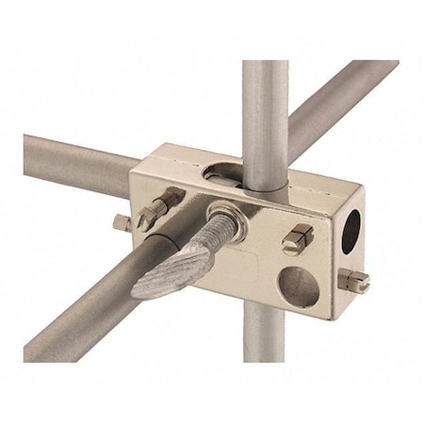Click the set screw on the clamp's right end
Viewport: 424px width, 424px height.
coord(353,280)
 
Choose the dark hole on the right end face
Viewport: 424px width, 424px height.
coord(350,229)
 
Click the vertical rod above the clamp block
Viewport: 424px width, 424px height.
coord(265,104)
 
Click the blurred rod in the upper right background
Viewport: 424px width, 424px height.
coord(349,94)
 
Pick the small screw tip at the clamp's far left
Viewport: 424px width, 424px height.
coord(121,223)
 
